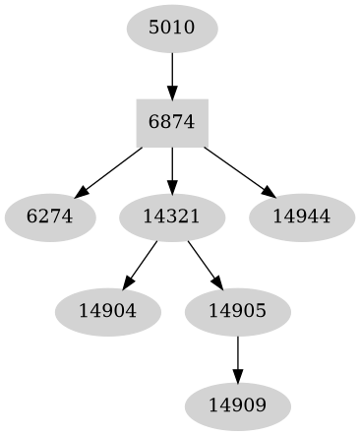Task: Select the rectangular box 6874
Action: tap(172, 121)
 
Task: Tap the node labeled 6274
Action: tap(50, 215)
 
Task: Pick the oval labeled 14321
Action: tap(172, 215)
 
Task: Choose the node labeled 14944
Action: tap(301, 215)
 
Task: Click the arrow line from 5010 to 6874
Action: tap(172, 71)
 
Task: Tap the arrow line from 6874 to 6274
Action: tap(110, 169)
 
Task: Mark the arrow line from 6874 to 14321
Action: tap(172, 165)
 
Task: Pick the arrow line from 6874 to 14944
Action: tap(236, 168)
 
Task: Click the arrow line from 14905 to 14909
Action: tap(237, 352)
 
